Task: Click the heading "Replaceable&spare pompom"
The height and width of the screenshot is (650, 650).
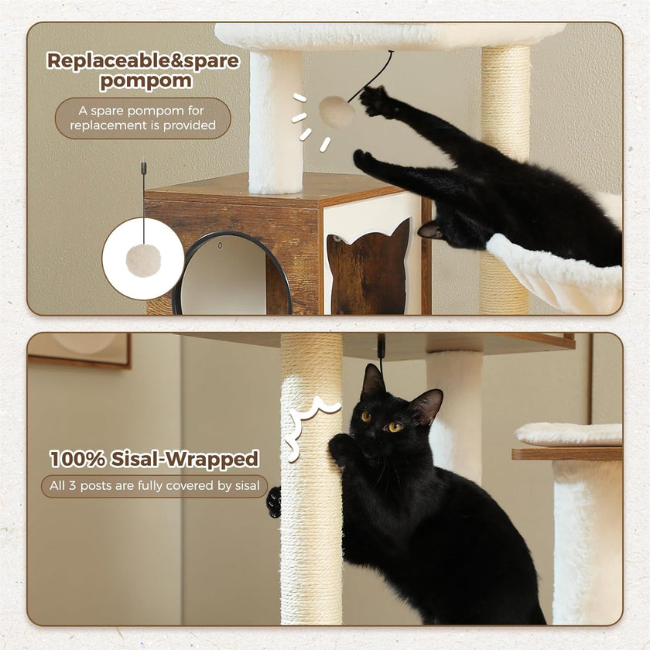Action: [x=142, y=71]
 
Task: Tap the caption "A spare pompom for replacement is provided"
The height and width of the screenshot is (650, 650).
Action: [x=142, y=118]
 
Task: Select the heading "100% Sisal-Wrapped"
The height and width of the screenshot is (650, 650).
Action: [x=154, y=458]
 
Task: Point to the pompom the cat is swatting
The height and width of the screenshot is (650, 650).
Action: [x=337, y=112]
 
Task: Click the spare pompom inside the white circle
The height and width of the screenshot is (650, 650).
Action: [x=143, y=261]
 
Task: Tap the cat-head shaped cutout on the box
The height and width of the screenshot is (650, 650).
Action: [x=368, y=267]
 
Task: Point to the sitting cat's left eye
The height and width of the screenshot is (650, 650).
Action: [x=395, y=426]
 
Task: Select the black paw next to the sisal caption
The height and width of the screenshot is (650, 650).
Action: [x=273, y=501]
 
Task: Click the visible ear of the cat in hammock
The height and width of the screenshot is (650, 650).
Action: [x=429, y=230]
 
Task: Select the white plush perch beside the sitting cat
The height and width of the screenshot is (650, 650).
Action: [x=569, y=434]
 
